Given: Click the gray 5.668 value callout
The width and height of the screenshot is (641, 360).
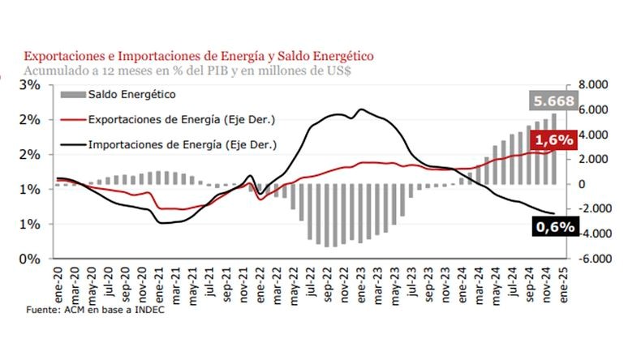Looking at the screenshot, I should coord(553,102).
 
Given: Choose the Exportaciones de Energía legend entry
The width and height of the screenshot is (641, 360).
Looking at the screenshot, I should coord(181,120).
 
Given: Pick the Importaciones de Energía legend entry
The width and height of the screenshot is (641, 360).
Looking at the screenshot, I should coord(183,145).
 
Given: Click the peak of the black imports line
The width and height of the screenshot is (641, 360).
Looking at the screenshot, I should coord(360,109).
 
